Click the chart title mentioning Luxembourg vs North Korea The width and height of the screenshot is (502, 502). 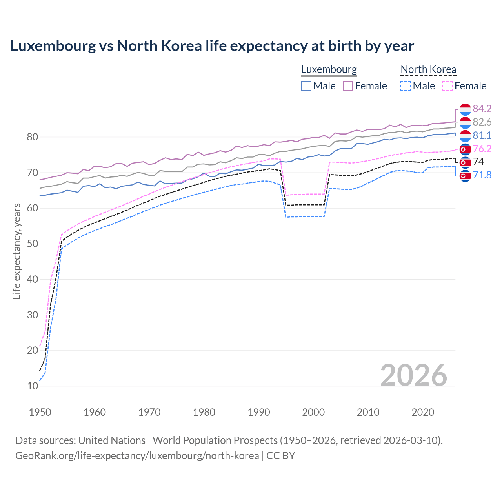212,46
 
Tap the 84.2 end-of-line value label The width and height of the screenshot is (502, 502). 482,109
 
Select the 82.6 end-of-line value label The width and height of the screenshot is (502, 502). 482,122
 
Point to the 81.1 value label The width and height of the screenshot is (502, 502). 482,135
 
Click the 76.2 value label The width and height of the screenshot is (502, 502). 482,149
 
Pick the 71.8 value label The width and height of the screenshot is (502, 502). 482,175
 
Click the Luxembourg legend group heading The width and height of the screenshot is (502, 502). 329,69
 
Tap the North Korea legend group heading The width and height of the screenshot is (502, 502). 428,69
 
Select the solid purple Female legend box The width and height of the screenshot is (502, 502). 348,86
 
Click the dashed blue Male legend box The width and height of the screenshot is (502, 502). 406,86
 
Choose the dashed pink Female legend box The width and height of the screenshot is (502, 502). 447,86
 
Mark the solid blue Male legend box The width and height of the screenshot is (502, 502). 306,86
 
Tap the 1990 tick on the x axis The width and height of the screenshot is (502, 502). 259,412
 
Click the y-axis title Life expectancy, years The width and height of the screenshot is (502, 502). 16,251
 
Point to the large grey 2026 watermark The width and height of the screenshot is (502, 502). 413,375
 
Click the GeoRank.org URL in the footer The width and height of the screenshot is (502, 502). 137,456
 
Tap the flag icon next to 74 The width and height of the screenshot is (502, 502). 465,162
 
